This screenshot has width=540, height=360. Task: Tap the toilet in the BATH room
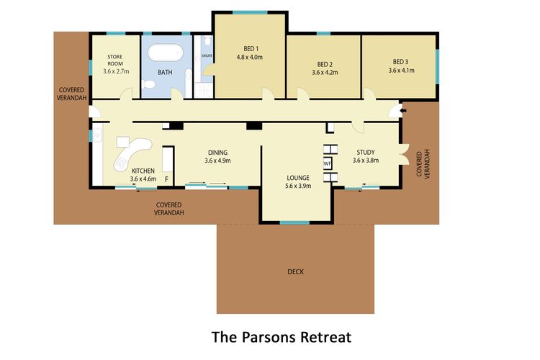pyautogui.click(x=149, y=86)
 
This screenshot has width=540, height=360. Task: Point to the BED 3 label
pyautogui.click(x=400, y=62)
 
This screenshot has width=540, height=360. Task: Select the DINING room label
pyautogui.click(x=217, y=152)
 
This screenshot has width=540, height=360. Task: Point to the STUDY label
pyautogui.click(x=366, y=152)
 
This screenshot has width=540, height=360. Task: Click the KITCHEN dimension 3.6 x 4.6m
pyautogui.click(x=143, y=179)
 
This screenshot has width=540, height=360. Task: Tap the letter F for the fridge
pyautogui.click(x=166, y=179)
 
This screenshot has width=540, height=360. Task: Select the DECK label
pyautogui.click(x=295, y=271)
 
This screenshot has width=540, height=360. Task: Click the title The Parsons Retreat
pyautogui.click(x=281, y=336)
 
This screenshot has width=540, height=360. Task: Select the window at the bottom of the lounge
pyautogui.click(x=294, y=222)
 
